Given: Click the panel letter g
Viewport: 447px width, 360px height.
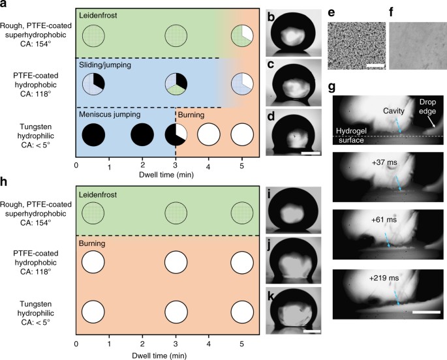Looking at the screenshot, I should (x=334, y=86).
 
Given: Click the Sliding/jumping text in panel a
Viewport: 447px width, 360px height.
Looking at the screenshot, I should (x=105, y=66).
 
